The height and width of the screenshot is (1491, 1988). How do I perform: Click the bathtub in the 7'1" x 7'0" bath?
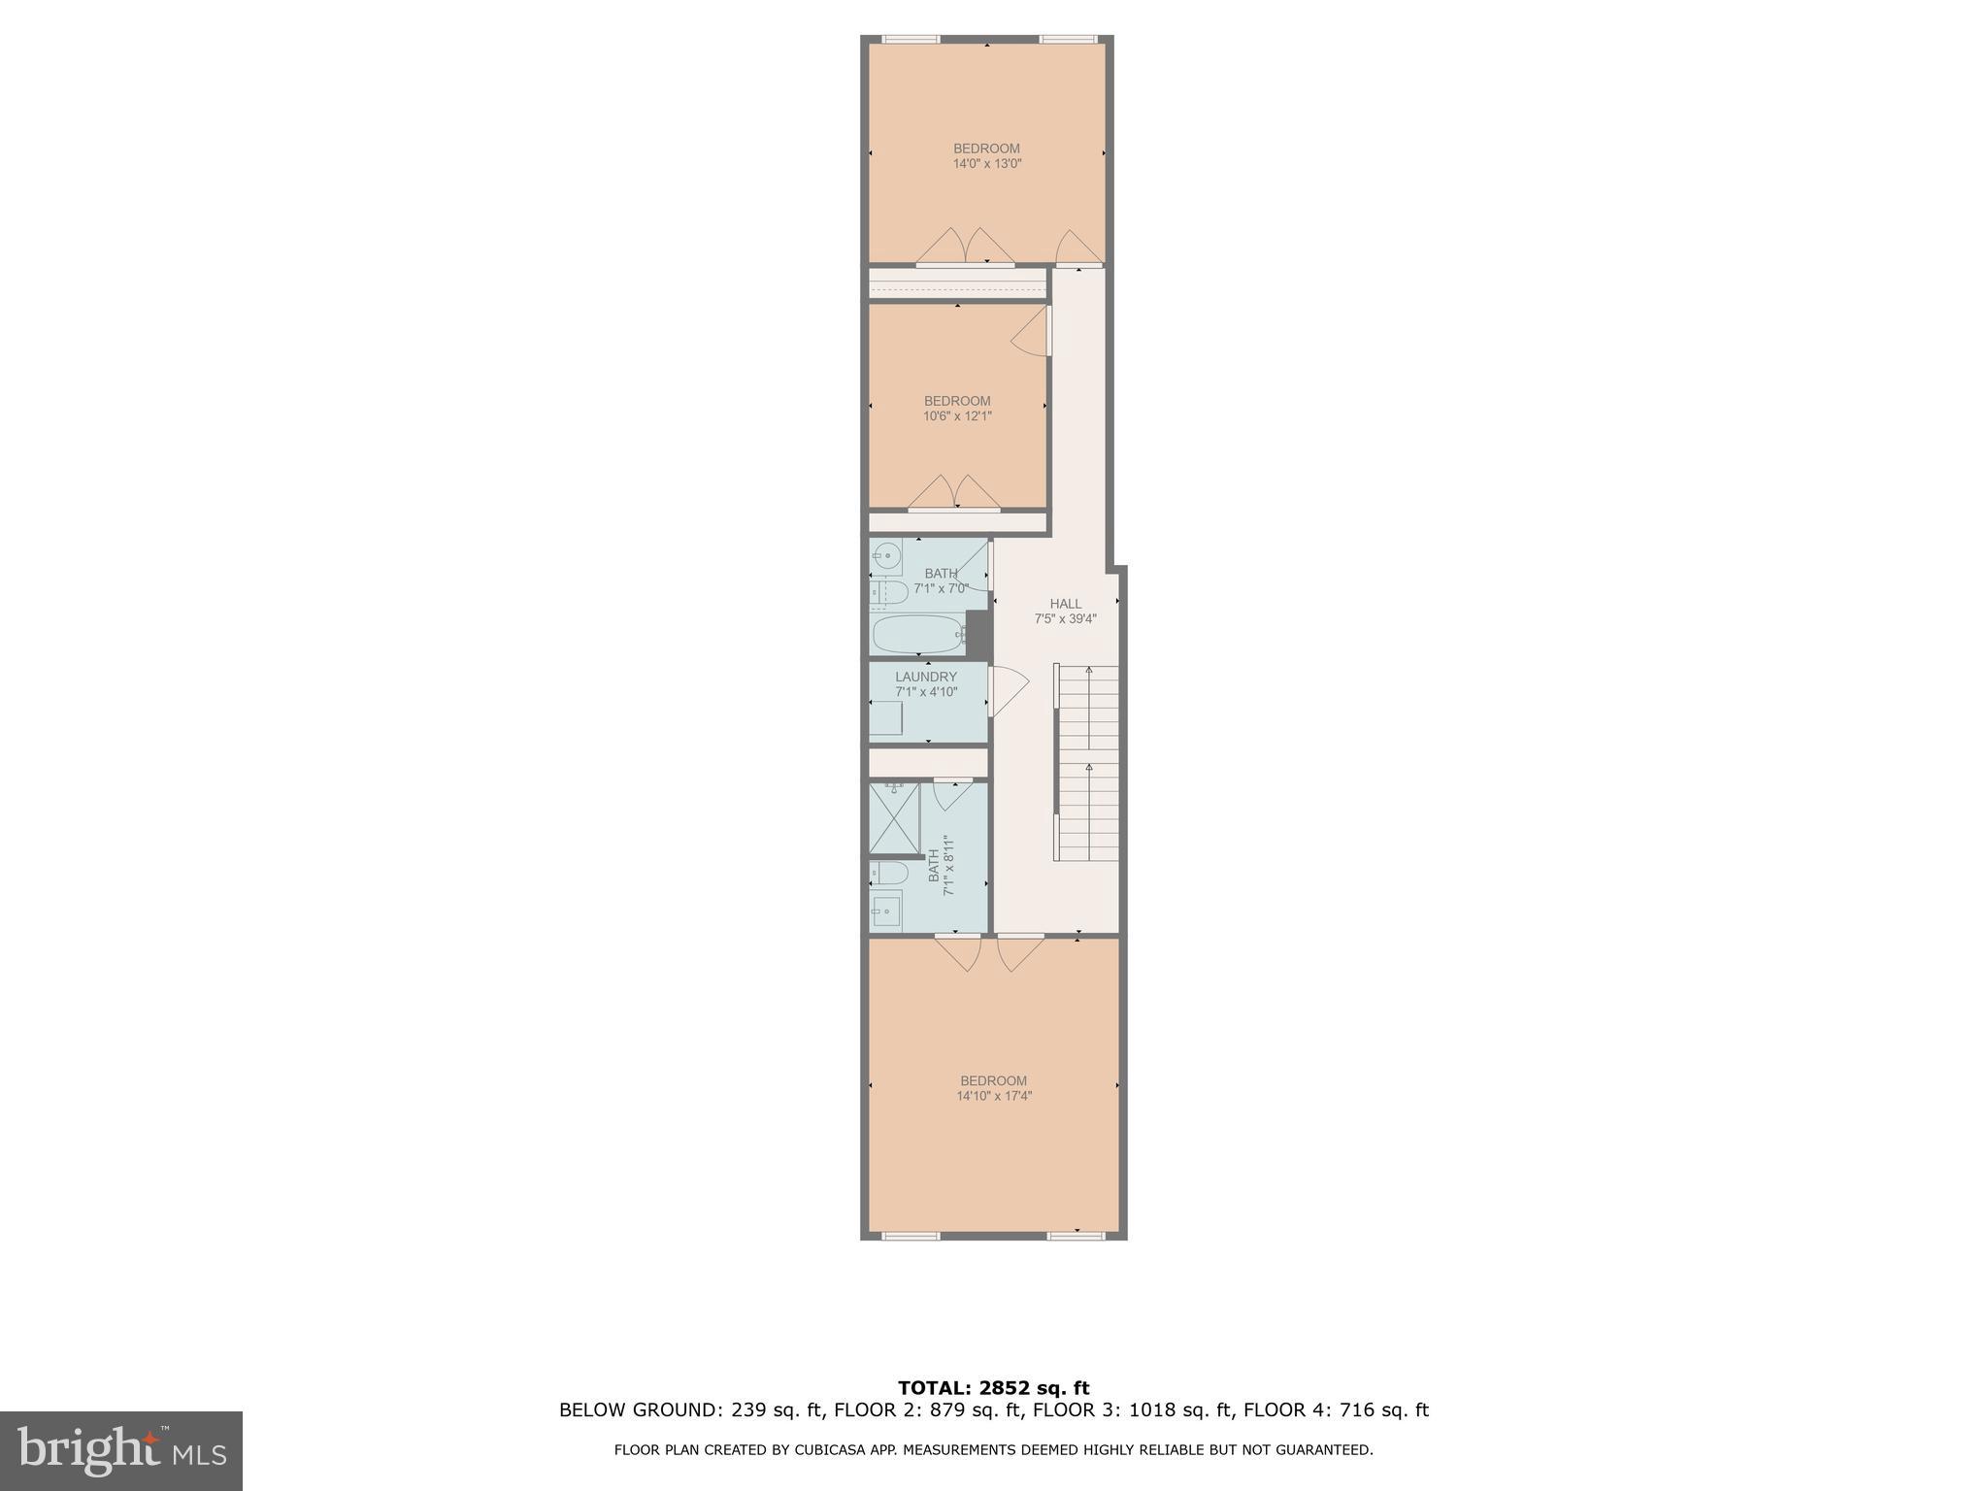(917, 635)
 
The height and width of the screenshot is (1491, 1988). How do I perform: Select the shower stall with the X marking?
(894, 817)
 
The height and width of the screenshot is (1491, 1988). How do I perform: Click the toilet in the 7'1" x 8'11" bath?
(887, 873)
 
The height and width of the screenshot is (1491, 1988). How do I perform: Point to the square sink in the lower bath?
(885, 911)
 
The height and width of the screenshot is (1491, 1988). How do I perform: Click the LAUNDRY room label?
(926, 677)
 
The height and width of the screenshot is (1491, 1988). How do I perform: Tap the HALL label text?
(1065, 604)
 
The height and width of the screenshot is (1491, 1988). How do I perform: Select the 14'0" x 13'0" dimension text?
(987, 164)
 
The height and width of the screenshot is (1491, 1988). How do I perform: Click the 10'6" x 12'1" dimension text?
(957, 416)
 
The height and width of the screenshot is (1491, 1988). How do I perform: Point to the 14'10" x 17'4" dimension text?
(994, 1096)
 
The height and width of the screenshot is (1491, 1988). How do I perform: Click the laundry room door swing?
(1008, 690)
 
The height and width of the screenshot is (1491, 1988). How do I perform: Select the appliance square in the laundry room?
(885, 719)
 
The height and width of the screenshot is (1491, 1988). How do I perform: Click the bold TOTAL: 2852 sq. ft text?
(993, 1388)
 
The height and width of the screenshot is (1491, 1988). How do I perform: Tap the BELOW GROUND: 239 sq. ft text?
(691, 1410)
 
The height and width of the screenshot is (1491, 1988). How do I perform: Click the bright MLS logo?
(121, 1451)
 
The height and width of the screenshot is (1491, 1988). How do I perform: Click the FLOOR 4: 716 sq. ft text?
(1336, 1410)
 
